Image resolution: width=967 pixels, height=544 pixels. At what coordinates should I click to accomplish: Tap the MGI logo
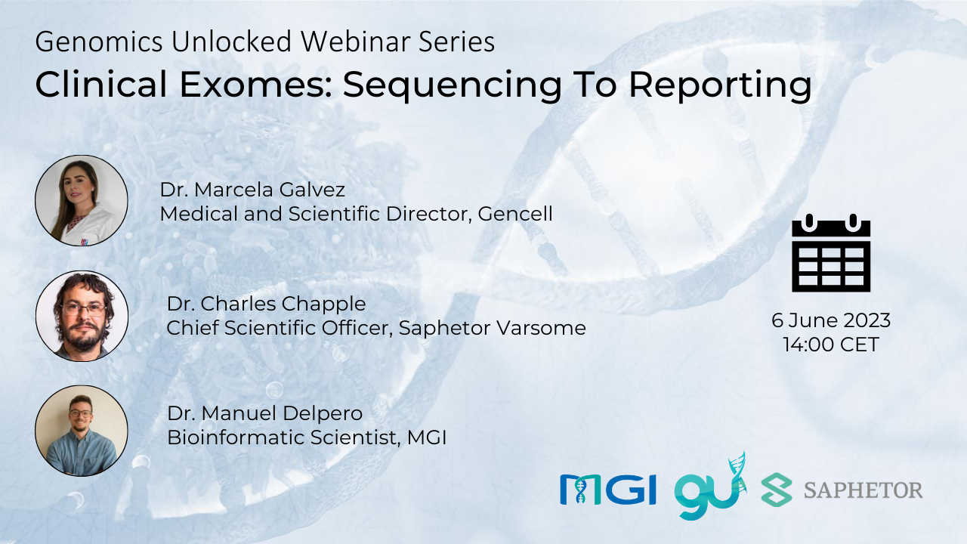tap(608, 490)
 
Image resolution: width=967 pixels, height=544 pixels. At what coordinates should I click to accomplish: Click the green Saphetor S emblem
tap(777, 490)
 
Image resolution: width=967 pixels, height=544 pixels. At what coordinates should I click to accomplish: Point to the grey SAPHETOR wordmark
tap(864, 490)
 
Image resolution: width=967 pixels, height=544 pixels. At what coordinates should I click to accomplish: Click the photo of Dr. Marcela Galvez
tap(82, 201)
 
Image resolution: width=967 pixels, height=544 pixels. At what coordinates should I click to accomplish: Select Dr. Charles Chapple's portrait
tap(82, 316)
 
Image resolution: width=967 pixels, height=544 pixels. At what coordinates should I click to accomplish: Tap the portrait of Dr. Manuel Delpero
tap(82, 431)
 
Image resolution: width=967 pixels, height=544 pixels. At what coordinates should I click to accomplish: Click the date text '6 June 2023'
tap(831, 320)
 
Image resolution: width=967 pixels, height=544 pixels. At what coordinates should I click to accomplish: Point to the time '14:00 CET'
tap(831, 345)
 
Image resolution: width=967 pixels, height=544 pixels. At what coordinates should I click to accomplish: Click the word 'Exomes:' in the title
tap(255, 84)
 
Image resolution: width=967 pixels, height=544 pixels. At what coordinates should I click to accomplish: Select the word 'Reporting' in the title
tap(720, 86)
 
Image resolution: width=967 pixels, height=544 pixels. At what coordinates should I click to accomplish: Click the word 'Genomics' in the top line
tap(99, 43)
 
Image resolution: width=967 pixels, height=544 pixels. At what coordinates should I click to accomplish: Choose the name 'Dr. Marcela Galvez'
tap(252, 190)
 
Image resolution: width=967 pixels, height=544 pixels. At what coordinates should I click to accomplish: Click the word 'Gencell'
tap(515, 214)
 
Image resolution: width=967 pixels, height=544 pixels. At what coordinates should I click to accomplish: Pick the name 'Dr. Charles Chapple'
tap(267, 304)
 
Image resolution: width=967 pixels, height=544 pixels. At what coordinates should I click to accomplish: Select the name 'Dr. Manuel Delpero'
tap(264, 413)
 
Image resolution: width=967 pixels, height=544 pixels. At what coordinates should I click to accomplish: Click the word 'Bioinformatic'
tap(236, 437)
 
